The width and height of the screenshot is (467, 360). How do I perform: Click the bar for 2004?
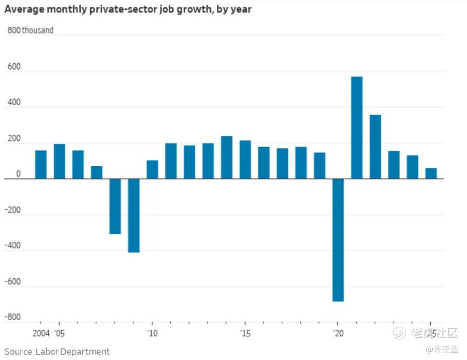coord(41,164)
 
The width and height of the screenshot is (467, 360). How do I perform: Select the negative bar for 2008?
coord(115,206)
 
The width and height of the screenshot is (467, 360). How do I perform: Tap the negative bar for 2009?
coord(134,215)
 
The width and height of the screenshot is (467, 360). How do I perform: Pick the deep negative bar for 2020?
coord(338,240)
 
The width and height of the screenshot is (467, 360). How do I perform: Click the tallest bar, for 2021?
coord(357,127)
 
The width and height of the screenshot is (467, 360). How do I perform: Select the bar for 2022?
coord(375,147)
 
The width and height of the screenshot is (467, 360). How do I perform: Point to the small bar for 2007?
coord(97,172)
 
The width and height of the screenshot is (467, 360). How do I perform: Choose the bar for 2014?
coord(227,157)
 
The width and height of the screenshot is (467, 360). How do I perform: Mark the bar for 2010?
coord(152,169)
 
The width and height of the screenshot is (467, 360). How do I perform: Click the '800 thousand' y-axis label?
coord(31,31)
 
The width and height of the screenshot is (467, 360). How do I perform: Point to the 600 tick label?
coord(14,67)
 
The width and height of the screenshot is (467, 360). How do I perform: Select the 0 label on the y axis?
coord(18,175)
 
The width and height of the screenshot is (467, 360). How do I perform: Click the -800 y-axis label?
coord(12,317)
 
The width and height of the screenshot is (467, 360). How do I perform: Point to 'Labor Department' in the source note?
coord(72,352)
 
